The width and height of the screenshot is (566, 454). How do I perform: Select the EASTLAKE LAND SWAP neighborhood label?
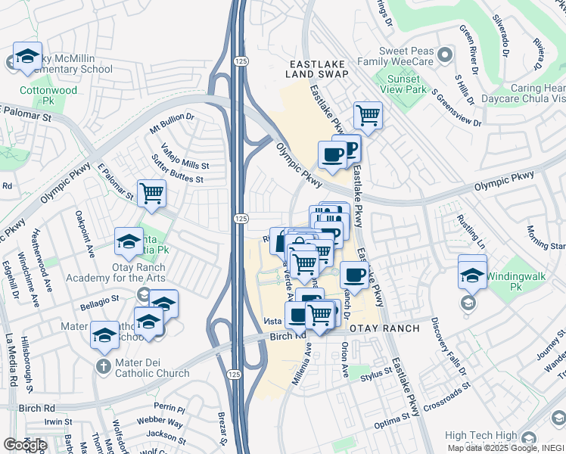pos(317,69)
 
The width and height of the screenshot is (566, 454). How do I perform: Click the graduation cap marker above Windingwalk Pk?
pos(473,273)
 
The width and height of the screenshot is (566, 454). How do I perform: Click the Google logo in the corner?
pos(25,445)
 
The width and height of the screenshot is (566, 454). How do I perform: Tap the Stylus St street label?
pos(377,372)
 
